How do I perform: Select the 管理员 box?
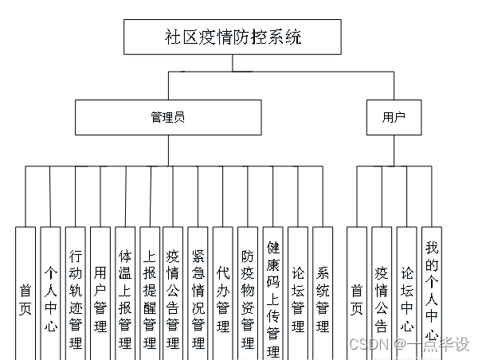(167, 117)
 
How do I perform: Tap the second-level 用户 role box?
(394, 117)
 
